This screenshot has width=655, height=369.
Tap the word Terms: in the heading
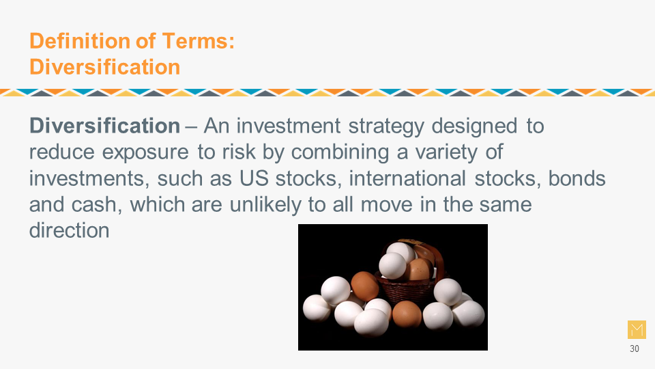[199, 41]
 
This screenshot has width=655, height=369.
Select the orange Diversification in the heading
[104, 67]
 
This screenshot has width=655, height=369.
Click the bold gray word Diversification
[104, 126]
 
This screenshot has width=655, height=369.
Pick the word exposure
[145, 152]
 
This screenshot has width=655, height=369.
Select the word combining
[340, 152]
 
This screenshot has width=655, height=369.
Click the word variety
[446, 152]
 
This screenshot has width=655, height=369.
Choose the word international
[407, 178]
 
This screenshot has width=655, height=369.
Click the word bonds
[577, 178]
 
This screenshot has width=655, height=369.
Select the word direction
[70, 230]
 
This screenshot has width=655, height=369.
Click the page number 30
[634, 348]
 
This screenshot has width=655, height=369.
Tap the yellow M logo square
[637, 329]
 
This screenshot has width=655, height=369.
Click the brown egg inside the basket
[419, 269]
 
